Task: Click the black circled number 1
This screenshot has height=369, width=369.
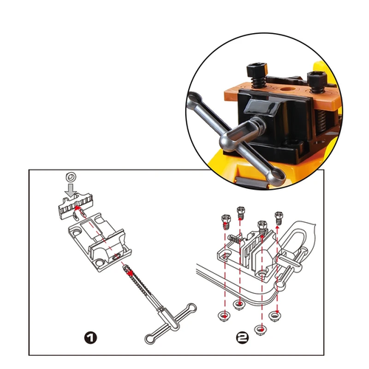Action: (x=91, y=337)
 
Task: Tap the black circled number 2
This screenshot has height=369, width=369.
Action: (x=242, y=337)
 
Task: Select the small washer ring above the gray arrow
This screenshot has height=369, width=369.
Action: (x=71, y=176)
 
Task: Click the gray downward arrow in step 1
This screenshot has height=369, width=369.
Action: (x=71, y=190)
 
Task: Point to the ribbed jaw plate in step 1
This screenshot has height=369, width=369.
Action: (x=75, y=206)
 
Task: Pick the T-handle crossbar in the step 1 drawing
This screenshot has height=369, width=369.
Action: (x=171, y=323)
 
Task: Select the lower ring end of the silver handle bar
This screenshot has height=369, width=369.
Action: (x=276, y=175)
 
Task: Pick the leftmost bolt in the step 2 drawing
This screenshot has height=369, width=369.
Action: (x=226, y=221)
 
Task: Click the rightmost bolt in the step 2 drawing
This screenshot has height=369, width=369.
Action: (x=279, y=217)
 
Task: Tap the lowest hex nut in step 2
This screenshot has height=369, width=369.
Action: (x=261, y=329)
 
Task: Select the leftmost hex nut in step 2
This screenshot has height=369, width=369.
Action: (x=225, y=315)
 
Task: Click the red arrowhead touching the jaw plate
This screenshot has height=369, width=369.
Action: (x=77, y=209)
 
